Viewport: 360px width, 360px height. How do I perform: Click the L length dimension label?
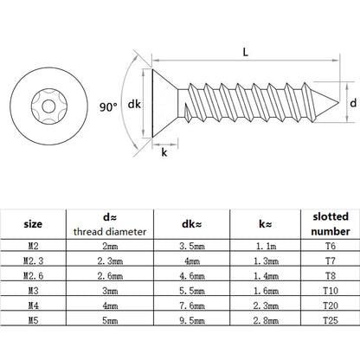[245, 52]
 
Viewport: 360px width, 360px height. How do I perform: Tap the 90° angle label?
[108, 107]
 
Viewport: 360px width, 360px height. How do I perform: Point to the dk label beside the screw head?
[134, 104]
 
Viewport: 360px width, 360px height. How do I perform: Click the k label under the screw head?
[164, 152]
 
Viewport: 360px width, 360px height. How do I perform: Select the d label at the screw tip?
[353, 103]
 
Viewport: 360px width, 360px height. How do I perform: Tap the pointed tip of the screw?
[338, 102]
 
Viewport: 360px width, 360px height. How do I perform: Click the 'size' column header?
[33, 224]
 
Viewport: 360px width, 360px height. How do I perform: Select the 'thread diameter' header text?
[110, 232]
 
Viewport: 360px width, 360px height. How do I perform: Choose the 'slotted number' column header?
[331, 224]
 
